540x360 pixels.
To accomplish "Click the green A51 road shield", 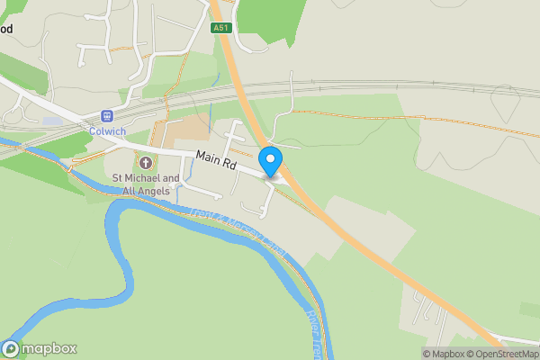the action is coord(220,28).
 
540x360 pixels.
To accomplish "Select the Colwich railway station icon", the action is coord(107,116).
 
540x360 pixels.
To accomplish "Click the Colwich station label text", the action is coord(107,130).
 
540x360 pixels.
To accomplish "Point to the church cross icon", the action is coord(145,162).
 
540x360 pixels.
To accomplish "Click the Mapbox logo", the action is coord(40,349).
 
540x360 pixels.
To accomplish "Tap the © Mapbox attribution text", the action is coord(446,354).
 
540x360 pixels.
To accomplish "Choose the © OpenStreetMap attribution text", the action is coord(506,354).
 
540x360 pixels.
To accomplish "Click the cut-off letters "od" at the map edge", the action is coord(6,29).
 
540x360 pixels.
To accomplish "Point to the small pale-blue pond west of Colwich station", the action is coord(51,121).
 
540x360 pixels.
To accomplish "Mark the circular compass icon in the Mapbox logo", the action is coord(11,349).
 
